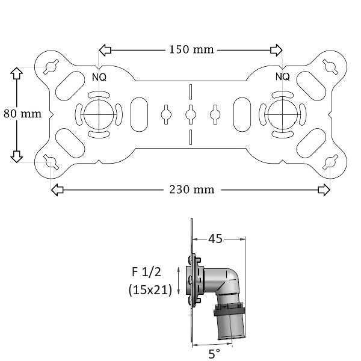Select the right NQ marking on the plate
pyautogui.click(x=282, y=76)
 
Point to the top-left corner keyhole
pyautogui.click(x=51, y=66)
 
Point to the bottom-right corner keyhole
pyautogui.click(x=330, y=162)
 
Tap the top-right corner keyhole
pyautogui.click(x=329, y=66)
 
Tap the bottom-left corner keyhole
pyautogui.click(x=51, y=162)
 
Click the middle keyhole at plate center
pyautogui.click(x=190, y=113)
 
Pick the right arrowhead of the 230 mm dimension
pyautogui.click(x=324, y=190)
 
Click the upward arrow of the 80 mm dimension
pyautogui.click(x=16, y=73)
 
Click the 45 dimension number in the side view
pyautogui.click(x=215, y=239)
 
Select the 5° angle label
pyautogui.click(x=214, y=354)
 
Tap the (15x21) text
pyautogui.click(x=150, y=289)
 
